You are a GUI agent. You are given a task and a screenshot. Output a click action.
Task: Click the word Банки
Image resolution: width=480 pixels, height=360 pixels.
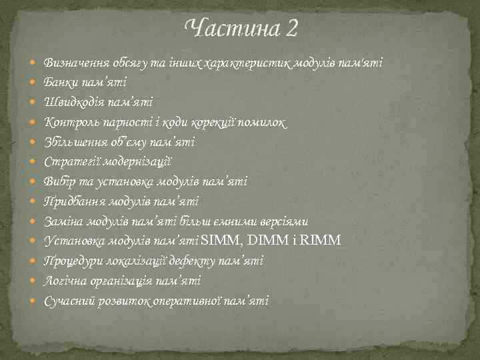point(61,82)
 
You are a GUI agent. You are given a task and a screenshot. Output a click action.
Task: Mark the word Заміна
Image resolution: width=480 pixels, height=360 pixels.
point(62,221)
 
